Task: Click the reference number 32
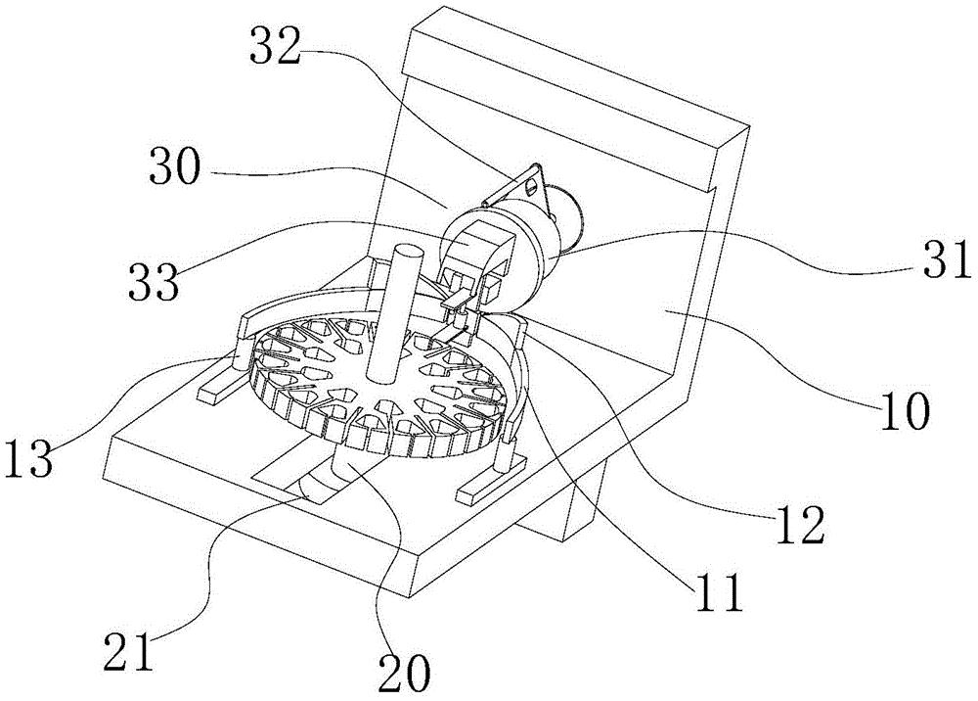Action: pos(275,47)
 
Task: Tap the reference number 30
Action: pos(175,166)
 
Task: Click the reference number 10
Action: pos(905,411)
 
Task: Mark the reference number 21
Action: pos(129,650)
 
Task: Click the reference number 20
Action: pos(404,673)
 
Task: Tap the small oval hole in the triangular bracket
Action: pos(531,184)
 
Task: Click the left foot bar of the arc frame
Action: pos(219,386)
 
